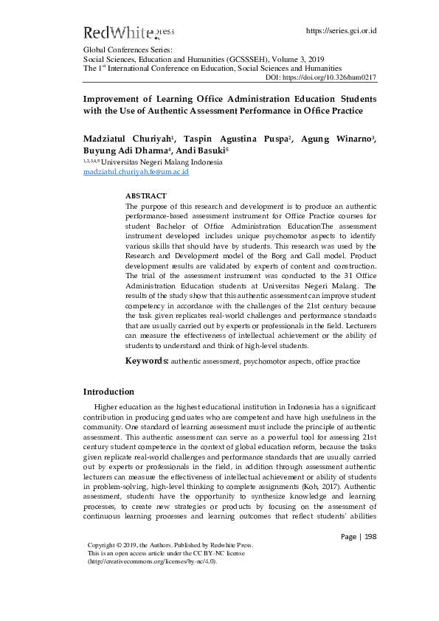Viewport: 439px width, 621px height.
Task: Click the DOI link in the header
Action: [321, 77]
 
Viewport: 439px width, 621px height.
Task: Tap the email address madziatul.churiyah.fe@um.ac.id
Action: [136, 172]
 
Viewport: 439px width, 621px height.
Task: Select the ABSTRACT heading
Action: [146, 195]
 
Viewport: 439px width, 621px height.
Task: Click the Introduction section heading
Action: [108, 392]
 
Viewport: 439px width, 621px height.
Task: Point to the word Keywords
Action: [147, 361]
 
